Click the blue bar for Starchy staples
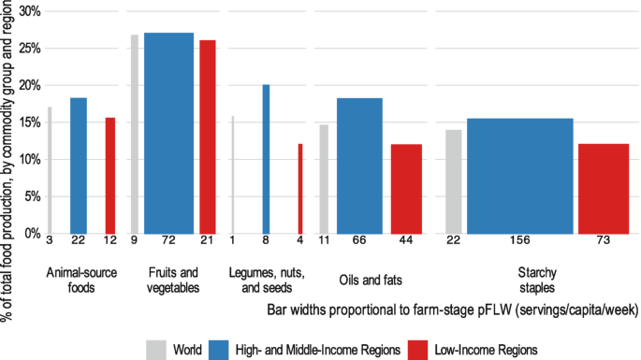519,176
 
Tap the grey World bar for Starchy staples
454,181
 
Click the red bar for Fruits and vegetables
207,137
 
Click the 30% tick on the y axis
31,11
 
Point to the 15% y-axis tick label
31,122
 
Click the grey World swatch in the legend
156,348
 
